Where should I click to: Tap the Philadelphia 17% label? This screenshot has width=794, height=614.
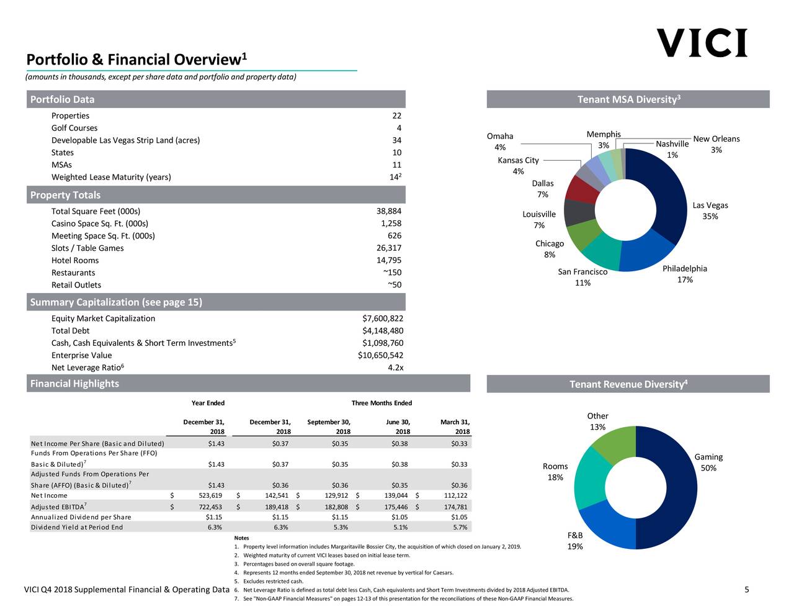(x=685, y=274)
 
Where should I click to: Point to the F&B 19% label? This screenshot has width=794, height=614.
(x=575, y=541)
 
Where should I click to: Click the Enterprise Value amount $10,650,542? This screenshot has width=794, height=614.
(x=380, y=355)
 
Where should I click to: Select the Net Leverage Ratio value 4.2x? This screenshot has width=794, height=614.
(x=395, y=368)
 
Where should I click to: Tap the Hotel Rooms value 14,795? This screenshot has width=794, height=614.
(x=388, y=260)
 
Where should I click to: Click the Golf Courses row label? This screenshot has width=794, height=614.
(x=74, y=128)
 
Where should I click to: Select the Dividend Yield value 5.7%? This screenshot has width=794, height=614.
(x=460, y=527)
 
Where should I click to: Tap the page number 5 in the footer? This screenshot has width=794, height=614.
(x=746, y=590)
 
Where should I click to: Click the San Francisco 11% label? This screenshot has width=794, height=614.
(x=582, y=278)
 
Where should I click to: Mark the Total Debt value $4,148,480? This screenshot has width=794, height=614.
(x=382, y=331)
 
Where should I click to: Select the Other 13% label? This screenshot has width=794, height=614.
(x=597, y=422)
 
